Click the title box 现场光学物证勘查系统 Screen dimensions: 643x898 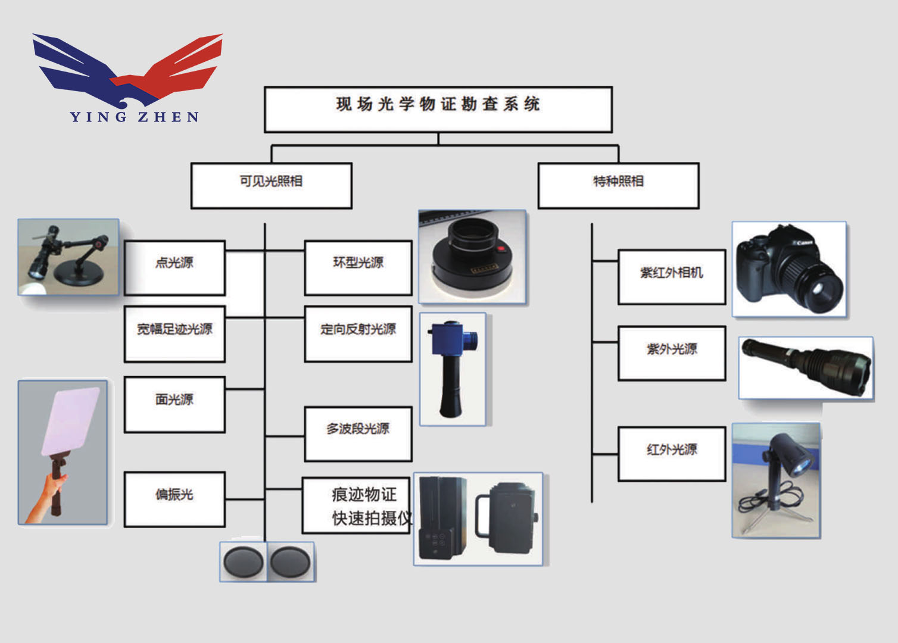tap(438, 109)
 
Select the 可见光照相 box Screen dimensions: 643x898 tap(271, 185)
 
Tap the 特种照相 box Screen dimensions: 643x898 tap(618, 185)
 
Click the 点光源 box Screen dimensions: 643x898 tap(174, 267)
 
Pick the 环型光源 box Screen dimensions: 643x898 tap(358, 267)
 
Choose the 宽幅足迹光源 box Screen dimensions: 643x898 tap(174, 334)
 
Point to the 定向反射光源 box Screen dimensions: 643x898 tap(358, 334)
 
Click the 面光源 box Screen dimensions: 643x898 tap(174, 404)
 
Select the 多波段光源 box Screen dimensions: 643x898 tap(358, 433)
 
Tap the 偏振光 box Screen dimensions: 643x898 tap(174, 499)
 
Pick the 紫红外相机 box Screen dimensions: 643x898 tap(672, 277)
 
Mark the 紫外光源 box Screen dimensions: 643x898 tap(672, 353)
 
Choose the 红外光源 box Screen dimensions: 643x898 tap(672, 454)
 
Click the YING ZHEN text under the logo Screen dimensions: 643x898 tap(135, 117)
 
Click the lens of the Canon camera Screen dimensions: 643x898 tap(824, 291)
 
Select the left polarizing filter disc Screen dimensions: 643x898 tap(243, 561)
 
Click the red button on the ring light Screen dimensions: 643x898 tap(501, 248)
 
